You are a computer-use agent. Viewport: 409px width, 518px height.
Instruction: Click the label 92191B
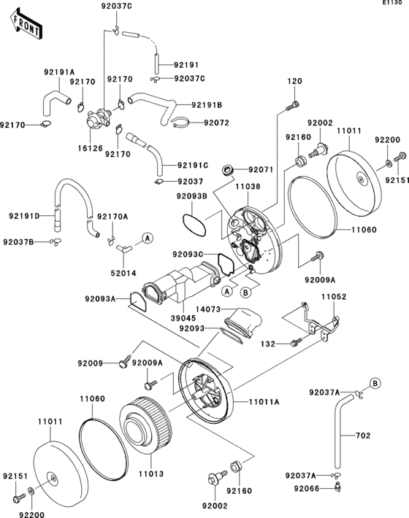tap(207, 105)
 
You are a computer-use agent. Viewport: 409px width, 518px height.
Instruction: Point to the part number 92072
tap(217, 123)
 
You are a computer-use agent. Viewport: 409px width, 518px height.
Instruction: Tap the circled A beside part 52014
tap(146, 239)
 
